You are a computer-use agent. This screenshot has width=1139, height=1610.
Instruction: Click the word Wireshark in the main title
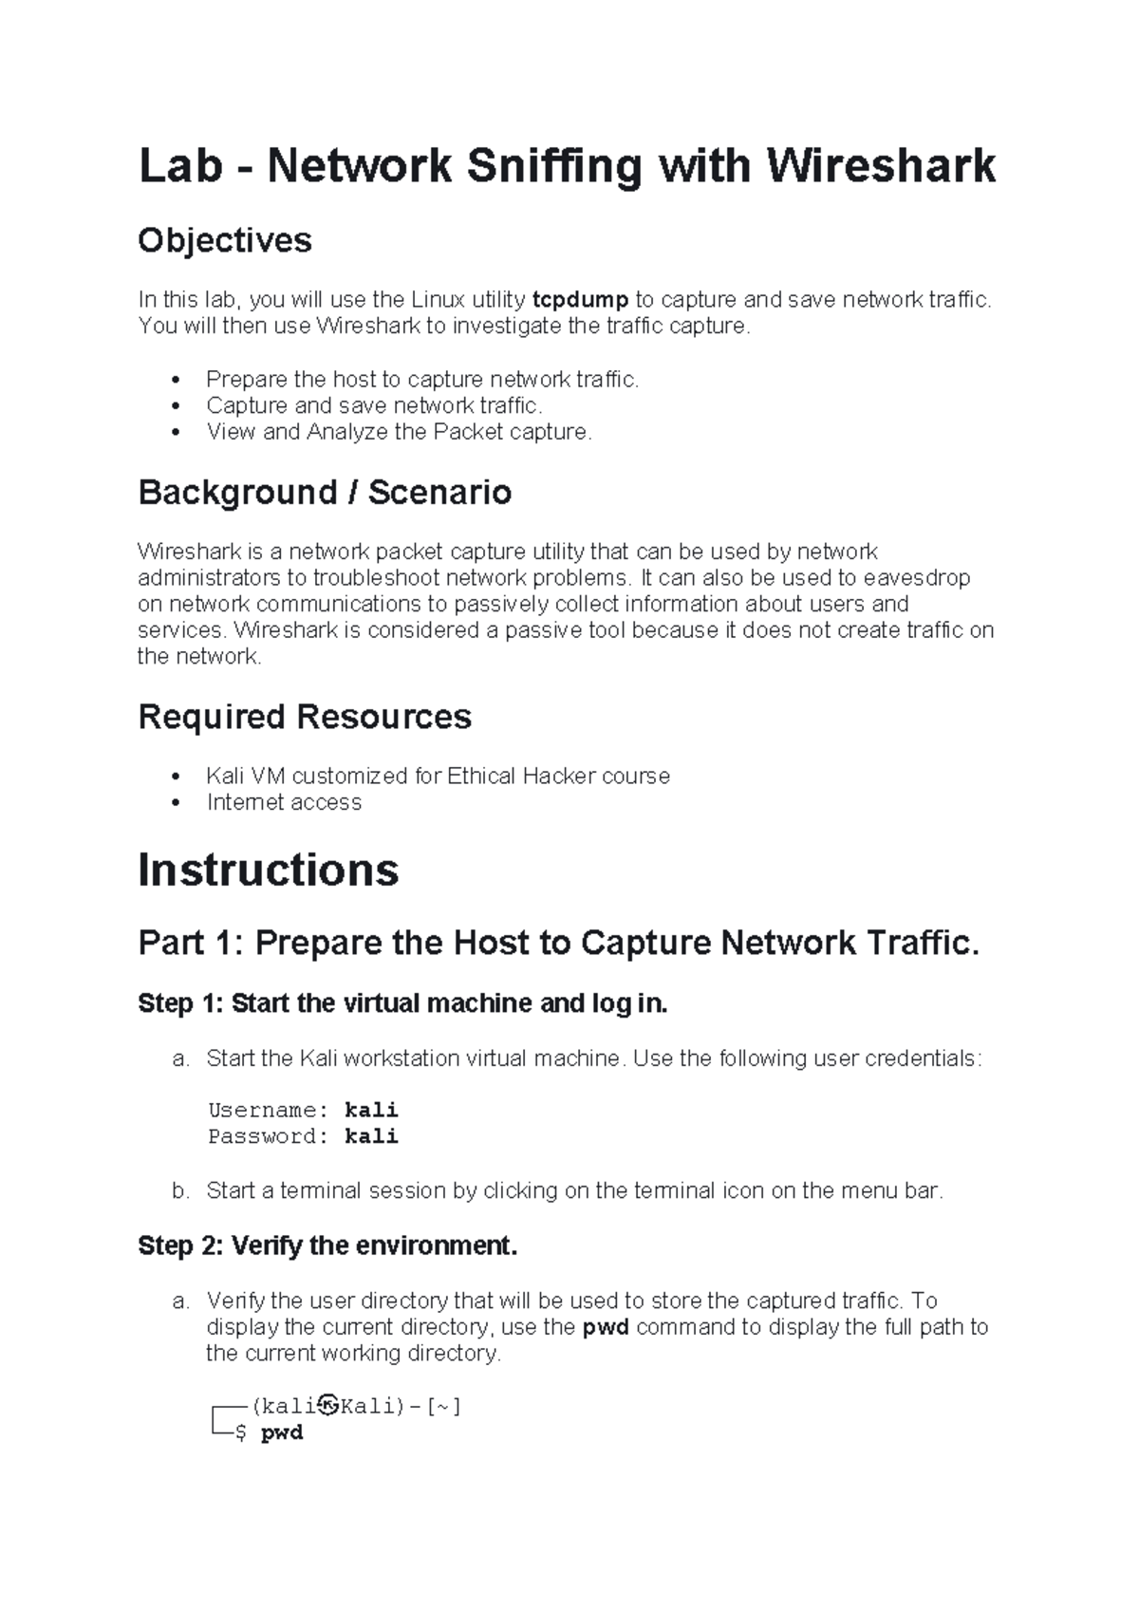point(881,166)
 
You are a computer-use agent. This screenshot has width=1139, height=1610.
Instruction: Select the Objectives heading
point(225,240)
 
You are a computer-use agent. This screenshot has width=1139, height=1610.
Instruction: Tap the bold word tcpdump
point(580,300)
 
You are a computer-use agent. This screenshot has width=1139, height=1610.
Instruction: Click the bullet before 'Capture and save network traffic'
point(175,406)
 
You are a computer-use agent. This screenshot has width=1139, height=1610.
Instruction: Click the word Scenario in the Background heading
point(439,493)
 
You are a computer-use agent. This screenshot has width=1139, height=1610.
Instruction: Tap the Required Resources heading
point(305,717)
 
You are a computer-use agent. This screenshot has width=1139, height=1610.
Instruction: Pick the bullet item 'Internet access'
point(284,802)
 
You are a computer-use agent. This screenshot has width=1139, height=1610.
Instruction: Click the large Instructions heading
point(269,870)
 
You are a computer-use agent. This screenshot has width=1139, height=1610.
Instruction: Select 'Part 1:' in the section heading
point(191,944)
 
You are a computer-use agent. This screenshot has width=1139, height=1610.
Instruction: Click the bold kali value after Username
point(371,1110)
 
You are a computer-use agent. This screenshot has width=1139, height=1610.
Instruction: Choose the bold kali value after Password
point(371,1136)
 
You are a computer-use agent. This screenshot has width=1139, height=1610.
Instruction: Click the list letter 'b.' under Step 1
point(182,1190)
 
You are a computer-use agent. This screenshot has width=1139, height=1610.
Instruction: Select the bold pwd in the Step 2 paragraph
point(606,1327)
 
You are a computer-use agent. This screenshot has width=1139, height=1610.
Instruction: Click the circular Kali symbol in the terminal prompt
point(328,1405)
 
